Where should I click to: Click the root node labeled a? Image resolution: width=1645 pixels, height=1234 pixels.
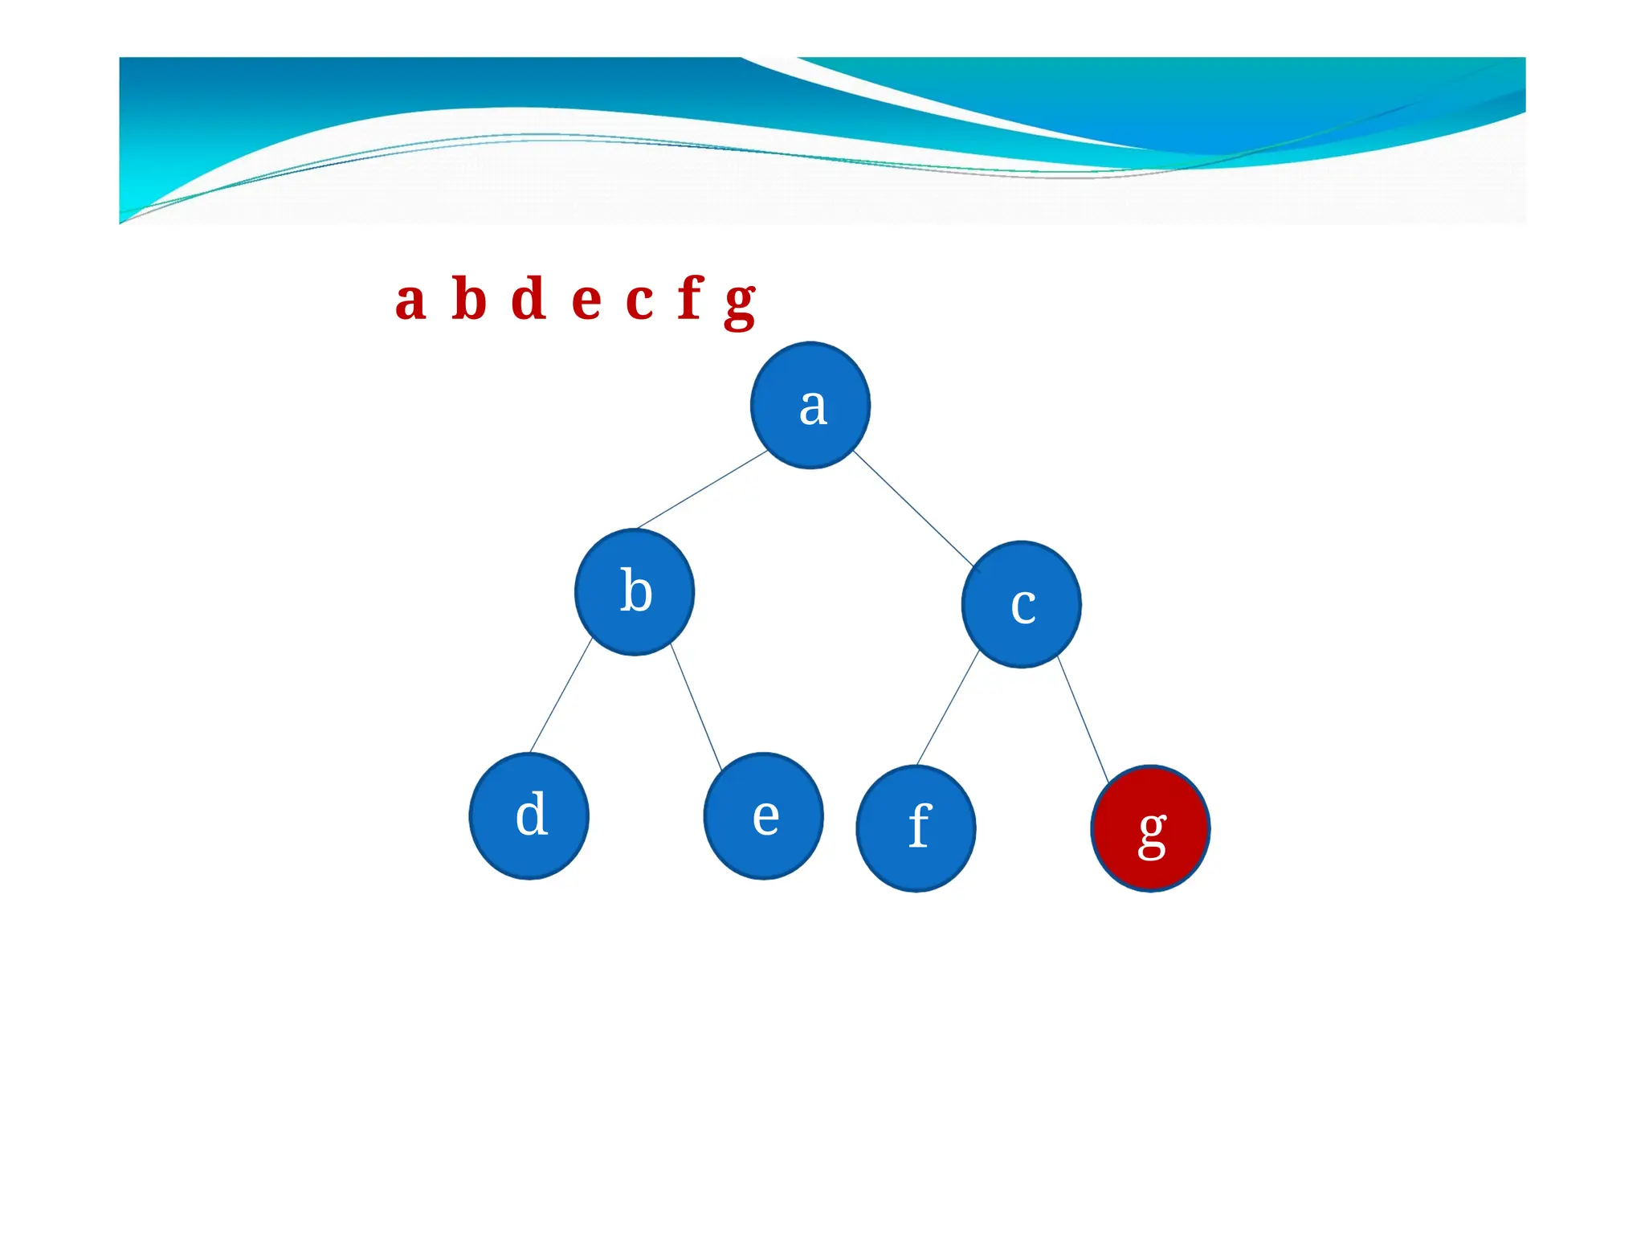point(810,405)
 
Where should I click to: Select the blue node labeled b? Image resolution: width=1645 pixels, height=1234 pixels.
point(635,592)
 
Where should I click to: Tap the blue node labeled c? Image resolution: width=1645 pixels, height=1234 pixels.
point(1021,604)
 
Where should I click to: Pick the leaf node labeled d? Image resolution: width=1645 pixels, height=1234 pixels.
point(529,815)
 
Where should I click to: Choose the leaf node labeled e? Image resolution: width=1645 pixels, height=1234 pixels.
point(763,815)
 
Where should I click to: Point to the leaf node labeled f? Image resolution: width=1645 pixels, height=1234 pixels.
point(916,828)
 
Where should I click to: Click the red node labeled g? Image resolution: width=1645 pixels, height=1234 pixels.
point(1150,828)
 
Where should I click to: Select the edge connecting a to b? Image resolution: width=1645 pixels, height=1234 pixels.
point(702,489)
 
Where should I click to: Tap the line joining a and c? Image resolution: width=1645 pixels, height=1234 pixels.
point(913,508)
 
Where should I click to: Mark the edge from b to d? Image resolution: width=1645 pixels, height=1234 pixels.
point(561,695)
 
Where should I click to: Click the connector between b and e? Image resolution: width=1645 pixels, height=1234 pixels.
point(696,707)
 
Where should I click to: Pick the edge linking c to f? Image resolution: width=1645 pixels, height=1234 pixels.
point(948,707)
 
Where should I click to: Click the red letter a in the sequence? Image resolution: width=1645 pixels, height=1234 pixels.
point(410,300)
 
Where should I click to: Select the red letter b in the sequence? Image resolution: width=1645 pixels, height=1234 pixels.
point(470,298)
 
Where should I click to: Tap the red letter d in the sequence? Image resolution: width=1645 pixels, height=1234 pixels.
point(529,298)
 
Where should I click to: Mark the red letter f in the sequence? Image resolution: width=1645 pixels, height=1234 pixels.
point(690,297)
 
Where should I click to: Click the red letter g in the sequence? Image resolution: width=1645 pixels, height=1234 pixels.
point(740,305)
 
